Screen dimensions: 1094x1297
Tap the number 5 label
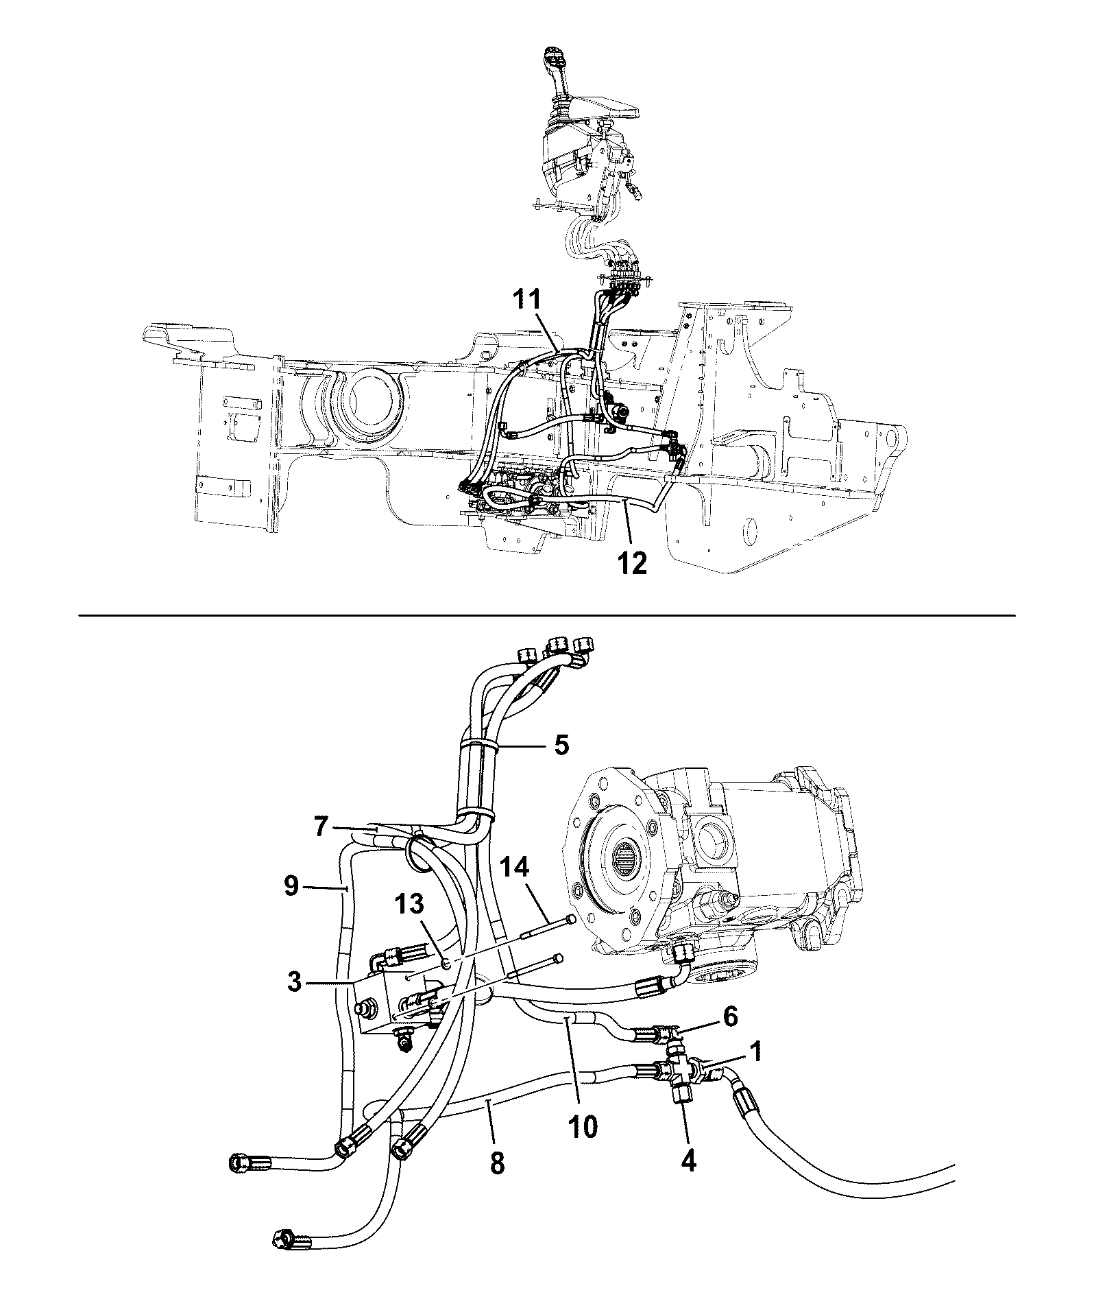click(x=561, y=744)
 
